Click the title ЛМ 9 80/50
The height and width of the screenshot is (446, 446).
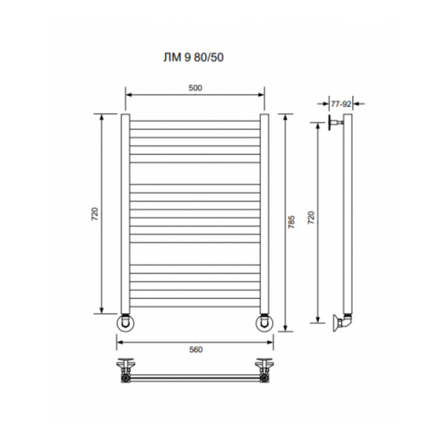(x=193, y=57)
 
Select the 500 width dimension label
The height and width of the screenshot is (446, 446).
(x=195, y=88)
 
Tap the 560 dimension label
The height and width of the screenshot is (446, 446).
(x=195, y=349)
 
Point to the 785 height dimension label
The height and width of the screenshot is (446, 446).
(x=291, y=222)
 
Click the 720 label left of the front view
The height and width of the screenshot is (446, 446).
(x=94, y=214)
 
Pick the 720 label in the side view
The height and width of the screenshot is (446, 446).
(x=311, y=218)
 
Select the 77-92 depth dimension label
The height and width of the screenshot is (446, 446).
(x=341, y=104)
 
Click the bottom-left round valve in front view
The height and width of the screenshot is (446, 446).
(x=126, y=323)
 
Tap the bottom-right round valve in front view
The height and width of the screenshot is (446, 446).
(x=265, y=323)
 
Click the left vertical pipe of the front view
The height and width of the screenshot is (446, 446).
(x=126, y=213)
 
